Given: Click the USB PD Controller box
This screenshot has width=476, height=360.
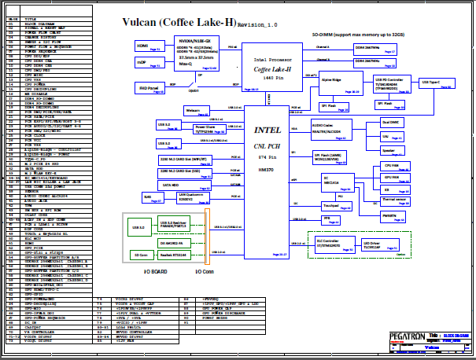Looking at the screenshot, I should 391,83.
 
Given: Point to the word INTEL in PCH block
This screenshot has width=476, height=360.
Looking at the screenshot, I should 267,129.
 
